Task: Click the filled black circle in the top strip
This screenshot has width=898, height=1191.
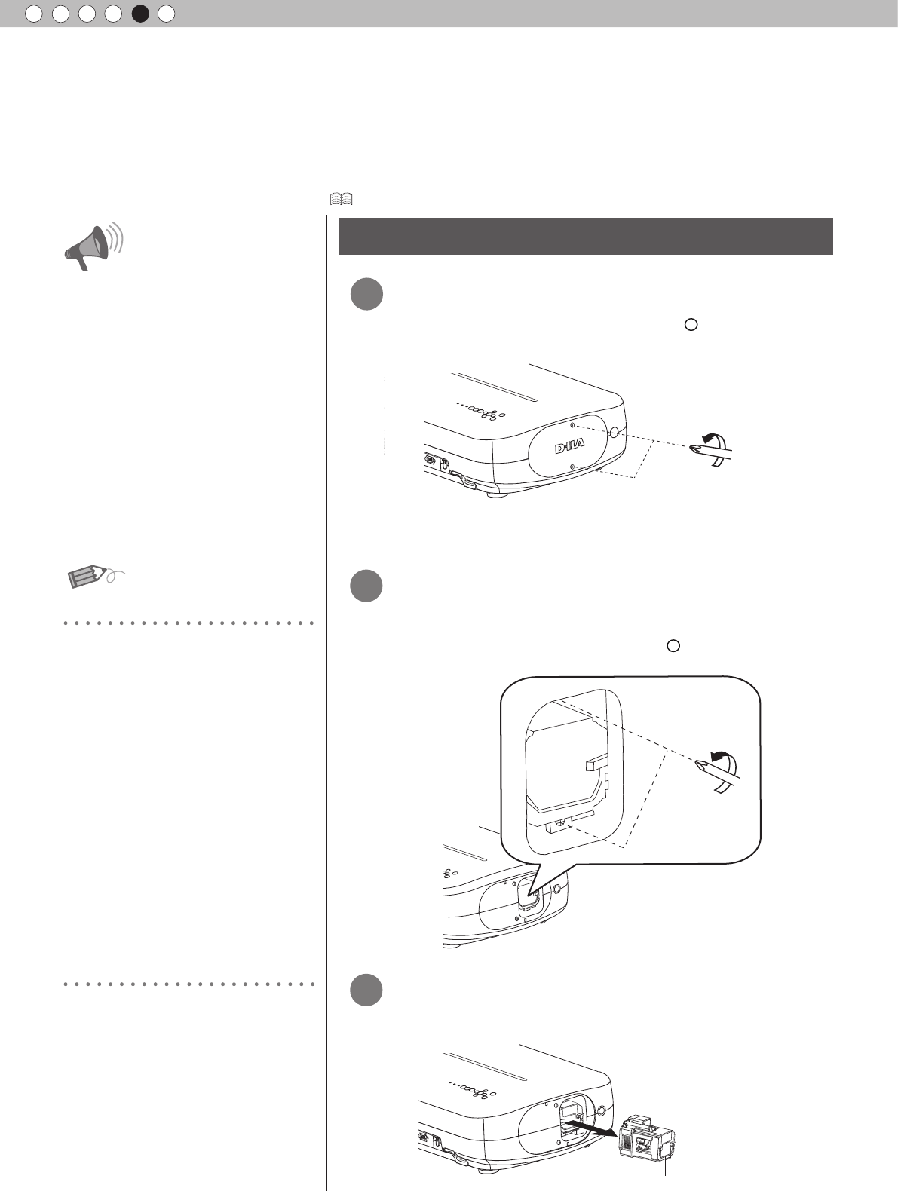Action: tap(140, 13)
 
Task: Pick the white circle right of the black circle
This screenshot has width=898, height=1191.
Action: tap(167, 13)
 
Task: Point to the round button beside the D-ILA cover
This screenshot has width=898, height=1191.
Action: tap(613, 433)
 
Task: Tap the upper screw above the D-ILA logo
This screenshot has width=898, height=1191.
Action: tap(573, 425)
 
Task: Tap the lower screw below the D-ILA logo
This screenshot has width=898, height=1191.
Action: tap(575, 468)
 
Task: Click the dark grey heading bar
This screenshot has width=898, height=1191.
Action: tap(586, 236)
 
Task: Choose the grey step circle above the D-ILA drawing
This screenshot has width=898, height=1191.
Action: tap(367, 294)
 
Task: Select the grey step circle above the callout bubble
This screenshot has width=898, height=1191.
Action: tap(367, 586)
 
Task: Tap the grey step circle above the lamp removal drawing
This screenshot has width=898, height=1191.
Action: tap(367, 990)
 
